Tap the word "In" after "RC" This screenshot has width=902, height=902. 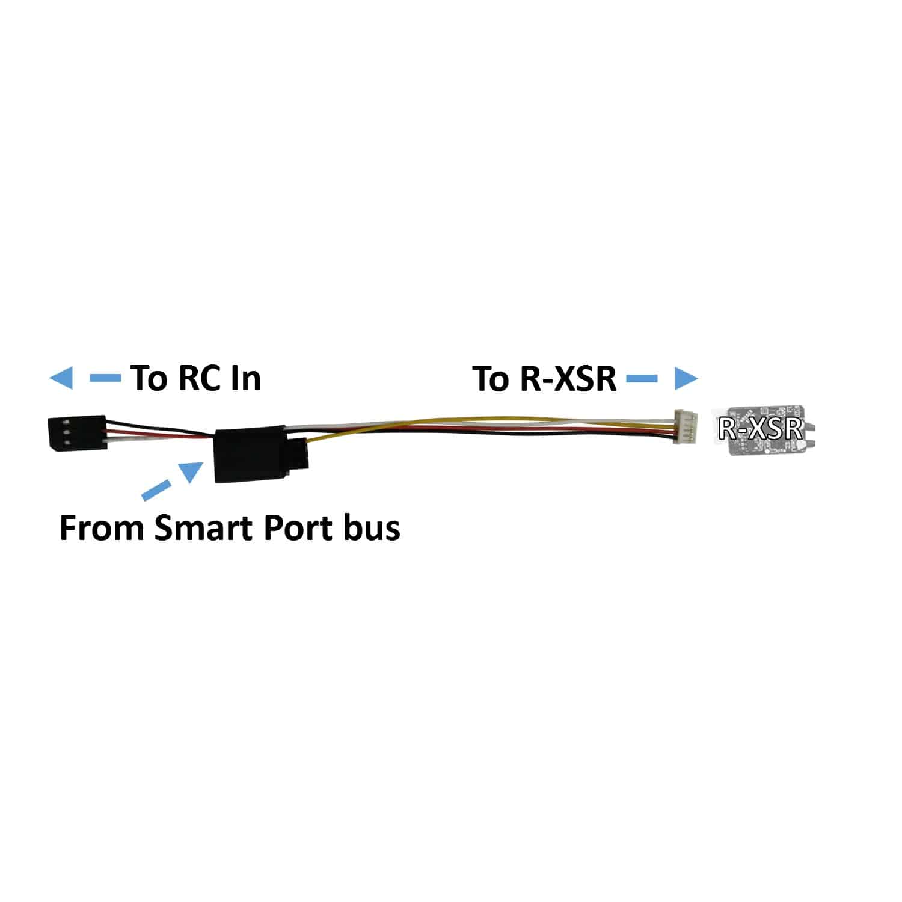(x=247, y=378)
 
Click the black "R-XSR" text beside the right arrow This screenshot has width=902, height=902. (x=565, y=379)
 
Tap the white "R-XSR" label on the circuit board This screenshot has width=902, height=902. (x=761, y=429)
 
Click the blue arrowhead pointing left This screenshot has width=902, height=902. (x=61, y=379)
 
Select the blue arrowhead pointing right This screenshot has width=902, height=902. (x=686, y=379)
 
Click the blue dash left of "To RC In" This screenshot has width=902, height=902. (x=105, y=378)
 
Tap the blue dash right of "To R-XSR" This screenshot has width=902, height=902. (x=642, y=378)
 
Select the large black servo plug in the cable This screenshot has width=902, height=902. (x=250, y=454)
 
